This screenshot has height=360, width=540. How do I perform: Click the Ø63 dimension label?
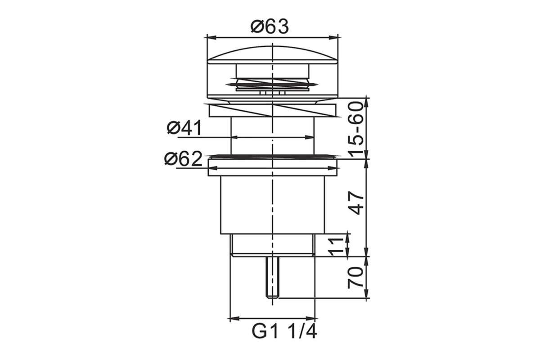coord(270,27)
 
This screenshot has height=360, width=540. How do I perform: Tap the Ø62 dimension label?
coord(183,159)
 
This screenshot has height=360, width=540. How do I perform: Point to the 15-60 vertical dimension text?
coord(355,130)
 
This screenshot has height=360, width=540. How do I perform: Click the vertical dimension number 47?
coord(356,203)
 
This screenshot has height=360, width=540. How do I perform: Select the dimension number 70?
coord(355,277)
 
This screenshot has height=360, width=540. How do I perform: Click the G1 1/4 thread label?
coord(284,332)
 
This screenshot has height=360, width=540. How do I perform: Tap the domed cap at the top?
coord(272,55)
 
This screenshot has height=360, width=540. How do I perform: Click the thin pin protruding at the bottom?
coord(272,277)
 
